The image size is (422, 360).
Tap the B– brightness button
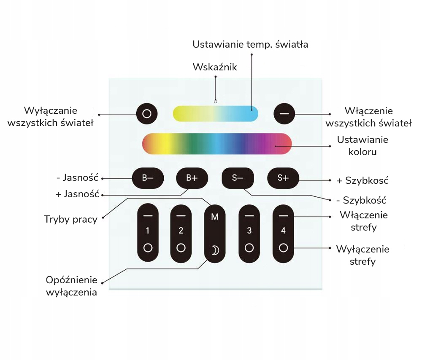(147, 178)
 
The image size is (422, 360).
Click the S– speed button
(238, 178)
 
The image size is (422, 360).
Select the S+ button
(283, 178)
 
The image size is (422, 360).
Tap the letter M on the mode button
(215, 217)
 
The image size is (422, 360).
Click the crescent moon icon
(215, 251)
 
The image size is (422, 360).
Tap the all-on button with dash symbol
(284, 114)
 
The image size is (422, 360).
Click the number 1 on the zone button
(147, 231)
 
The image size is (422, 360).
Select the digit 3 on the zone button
(249, 231)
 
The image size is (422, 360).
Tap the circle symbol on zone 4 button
(283, 247)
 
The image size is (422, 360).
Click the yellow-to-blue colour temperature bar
(215, 114)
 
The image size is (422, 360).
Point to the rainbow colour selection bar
(216, 143)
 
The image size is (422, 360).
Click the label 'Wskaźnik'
(215, 67)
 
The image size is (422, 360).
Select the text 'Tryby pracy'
(70, 219)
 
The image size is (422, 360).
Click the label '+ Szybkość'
(362, 180)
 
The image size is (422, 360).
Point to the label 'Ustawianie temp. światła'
(250, 44)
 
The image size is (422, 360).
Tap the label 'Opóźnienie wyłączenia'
(71, 286)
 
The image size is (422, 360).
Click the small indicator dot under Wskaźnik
(215, 102)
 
